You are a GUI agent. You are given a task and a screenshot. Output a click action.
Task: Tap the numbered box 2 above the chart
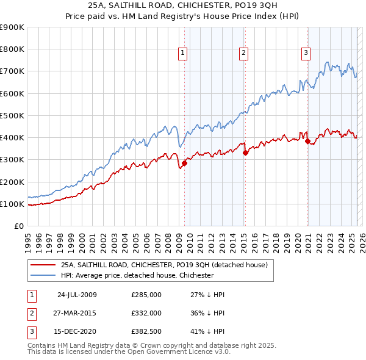pyautogui.click(x=243, y=54)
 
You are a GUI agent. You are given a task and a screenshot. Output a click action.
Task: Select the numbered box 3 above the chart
pyautogui.click(x=305, y=54)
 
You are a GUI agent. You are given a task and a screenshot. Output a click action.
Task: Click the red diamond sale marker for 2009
pyautogui.click(x=184, y=163)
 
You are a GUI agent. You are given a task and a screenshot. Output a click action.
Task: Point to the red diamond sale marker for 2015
pyautogui.click(x=245, y=153)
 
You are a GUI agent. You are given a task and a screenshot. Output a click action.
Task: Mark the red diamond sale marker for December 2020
pyautogui.click(x=308, y=142)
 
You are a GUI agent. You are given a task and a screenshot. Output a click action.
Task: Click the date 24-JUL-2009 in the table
pyautogui.click(x=77, y=295)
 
